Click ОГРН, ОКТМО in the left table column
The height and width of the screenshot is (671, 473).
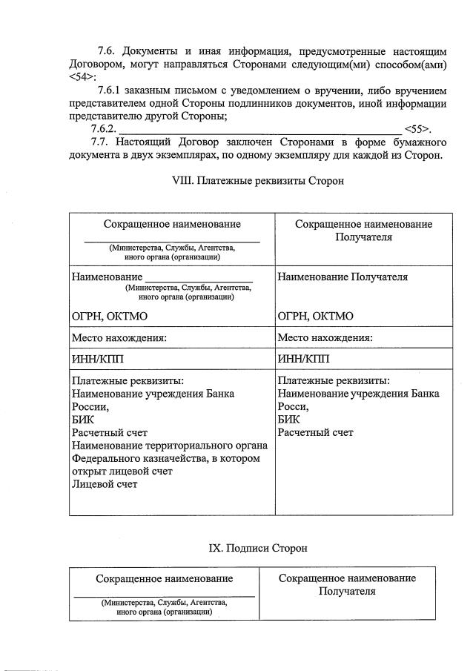tap(109, 316)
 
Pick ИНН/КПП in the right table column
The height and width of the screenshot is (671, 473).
tap(302, 359)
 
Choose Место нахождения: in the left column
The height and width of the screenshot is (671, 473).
tap(119, 337)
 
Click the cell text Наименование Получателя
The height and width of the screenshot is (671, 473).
tap(343, 277)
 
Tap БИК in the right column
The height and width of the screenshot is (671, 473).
tap(288, 419)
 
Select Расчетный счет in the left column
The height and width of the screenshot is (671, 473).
tap(110, 432)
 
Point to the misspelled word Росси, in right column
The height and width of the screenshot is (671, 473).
tap(293, 406)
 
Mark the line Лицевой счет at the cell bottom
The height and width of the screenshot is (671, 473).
tap(105, 484)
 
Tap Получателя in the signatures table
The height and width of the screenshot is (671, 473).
tap(347, 591)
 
